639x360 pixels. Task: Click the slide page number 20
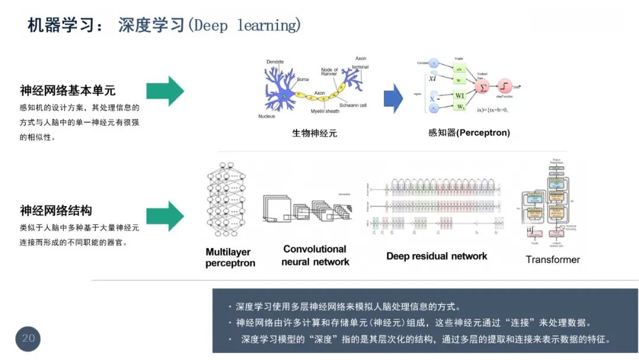pyautogui.click(x=28, y=339)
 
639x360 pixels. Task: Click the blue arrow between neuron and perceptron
pyautogui.click(x=393, y=98)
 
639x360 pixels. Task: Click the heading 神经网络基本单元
pyautogui.click(x=67, y=91)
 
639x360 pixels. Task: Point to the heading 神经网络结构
pyautogui.click(x=56, y=211)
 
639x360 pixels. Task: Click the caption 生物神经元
pyautogui.click(x=314, y=133)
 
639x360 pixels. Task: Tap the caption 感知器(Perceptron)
pyautogui.click(x=469, y=133)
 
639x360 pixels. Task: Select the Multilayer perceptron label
pyautogui.click(x=230, y=258)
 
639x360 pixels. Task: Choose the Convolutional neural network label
pyautogui.click(x=315, y=255)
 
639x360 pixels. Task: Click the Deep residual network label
pyautogui.click(x=437, y=256)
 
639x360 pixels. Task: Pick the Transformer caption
pyautogui.click(x=553, y=259)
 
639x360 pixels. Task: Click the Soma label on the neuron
pyautogui.click(x=302, y=79)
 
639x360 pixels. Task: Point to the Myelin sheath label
pyautogui.click(x=325, y=111)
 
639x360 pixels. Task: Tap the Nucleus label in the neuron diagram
pyautogui.click(x=267, y=116)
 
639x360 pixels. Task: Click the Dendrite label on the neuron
pyautogui.click(x=275, y=62)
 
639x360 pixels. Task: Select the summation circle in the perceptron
pyautogui.click(x=482, y=88)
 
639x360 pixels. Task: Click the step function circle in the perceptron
pyautogui.click(x=505, y=87)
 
